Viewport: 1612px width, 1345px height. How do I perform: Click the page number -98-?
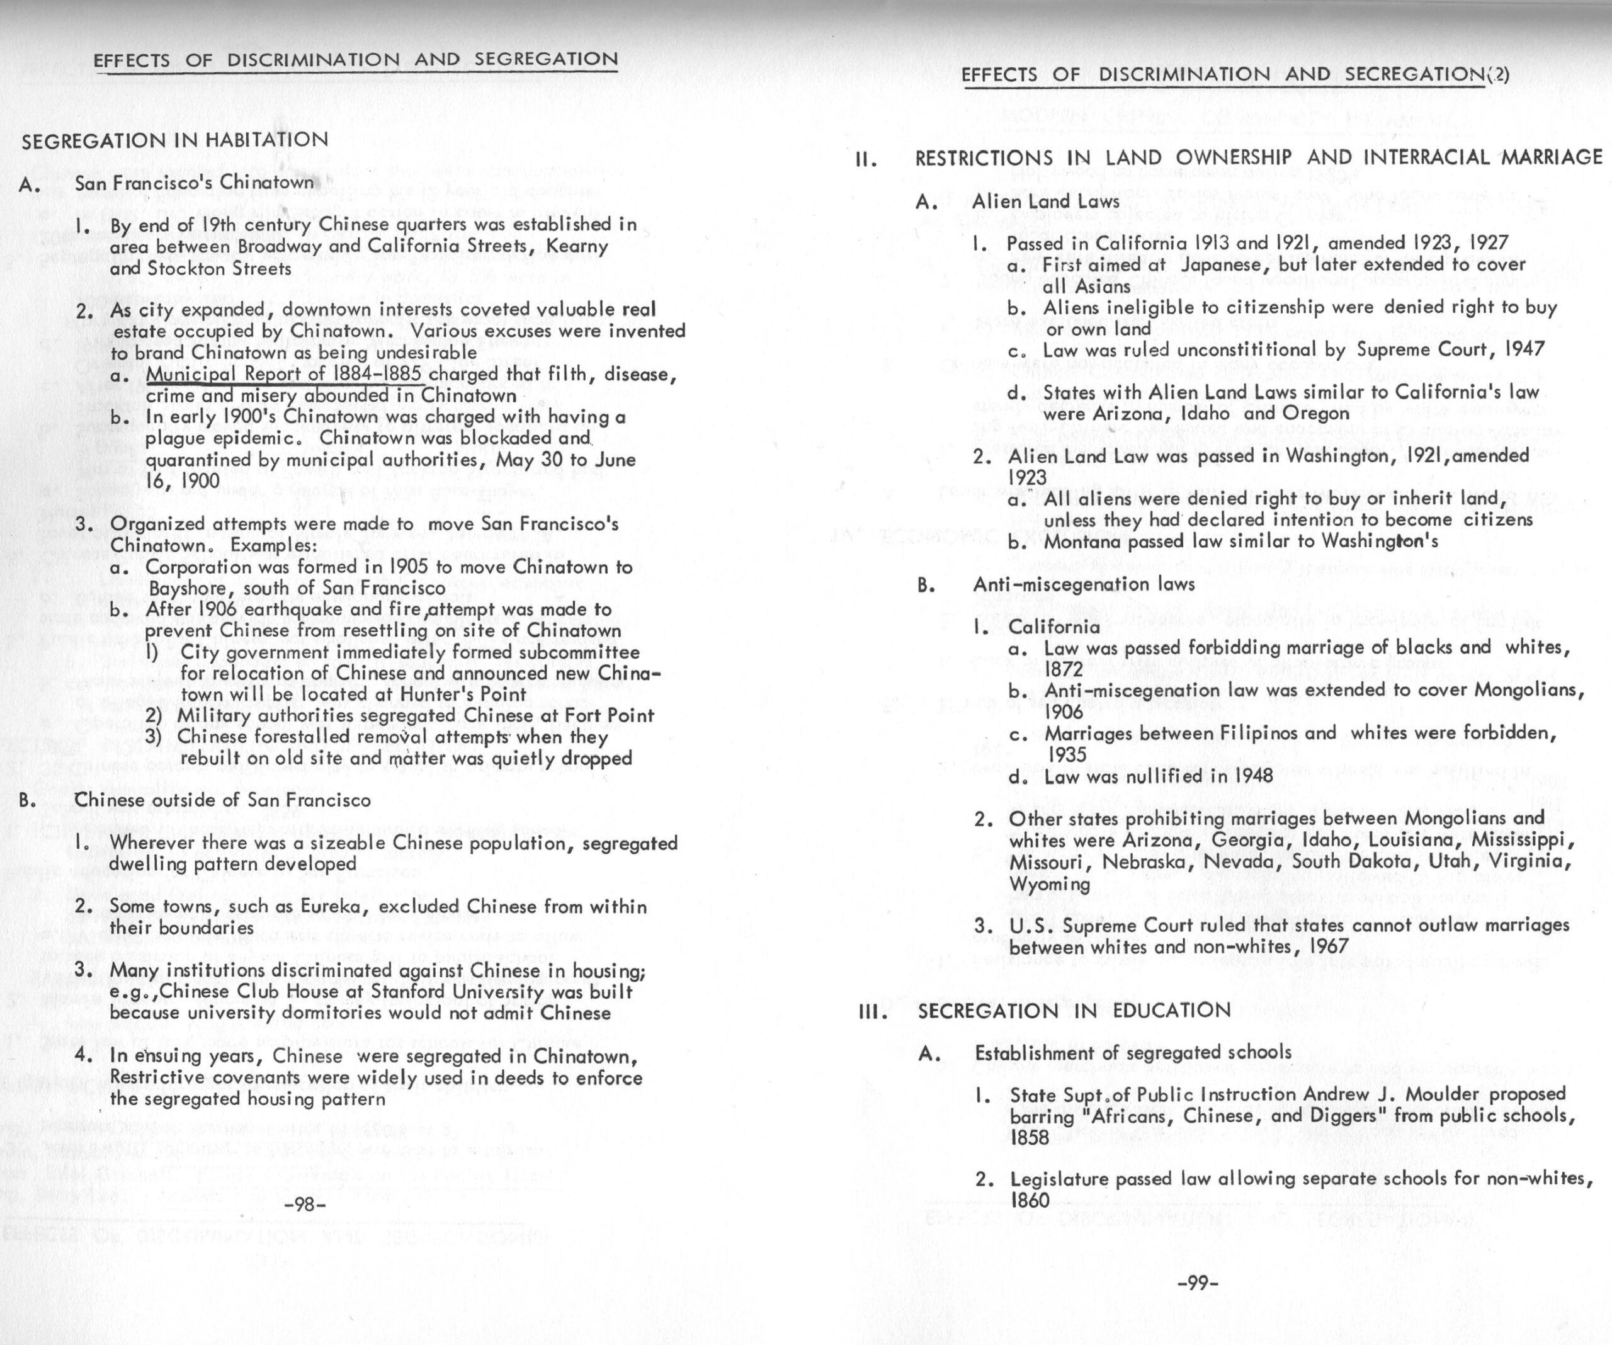coord(305,1205)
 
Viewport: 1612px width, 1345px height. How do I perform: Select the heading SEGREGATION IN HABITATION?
coord(175,140)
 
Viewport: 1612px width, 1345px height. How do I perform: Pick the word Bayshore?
coord(183,588)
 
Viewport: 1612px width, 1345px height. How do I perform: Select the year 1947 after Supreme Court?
coord(1523,349)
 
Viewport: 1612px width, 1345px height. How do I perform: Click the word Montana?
coord(1079,542)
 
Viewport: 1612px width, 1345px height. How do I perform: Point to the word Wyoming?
coord(1048,883)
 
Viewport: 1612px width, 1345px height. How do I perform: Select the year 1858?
coord(1029,1137)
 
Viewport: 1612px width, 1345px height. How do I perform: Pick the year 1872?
coord(1064,669)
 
